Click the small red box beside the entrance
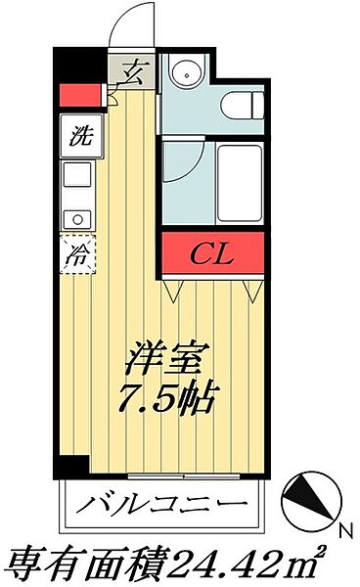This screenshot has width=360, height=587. pyautogui.click(x=81, y=96)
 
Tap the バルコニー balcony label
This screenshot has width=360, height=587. pyautogui.click(x=167, y=506)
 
